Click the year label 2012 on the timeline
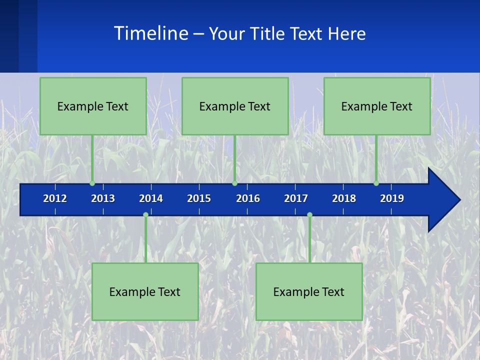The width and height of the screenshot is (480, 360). tap(55, 198)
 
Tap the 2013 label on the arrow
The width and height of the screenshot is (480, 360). tap(103, 198)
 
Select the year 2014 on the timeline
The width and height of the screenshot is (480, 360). tap(151, 198)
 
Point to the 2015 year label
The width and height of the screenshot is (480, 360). tap(199, 198)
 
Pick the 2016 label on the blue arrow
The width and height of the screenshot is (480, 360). tap(248, 198)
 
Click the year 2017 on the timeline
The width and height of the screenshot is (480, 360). tap(296, 198)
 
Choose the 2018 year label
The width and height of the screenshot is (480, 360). tap(344, 198)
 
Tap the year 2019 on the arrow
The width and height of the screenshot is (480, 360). tap(392, 198)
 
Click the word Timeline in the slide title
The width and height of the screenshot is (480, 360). tap(150, 33)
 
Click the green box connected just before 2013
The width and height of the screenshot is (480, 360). tap(93, 106)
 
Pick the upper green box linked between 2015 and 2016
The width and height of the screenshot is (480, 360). tap(235, 106)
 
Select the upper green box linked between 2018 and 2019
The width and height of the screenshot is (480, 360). tap(377, 106)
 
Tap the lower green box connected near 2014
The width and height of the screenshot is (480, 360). tap(145, 291)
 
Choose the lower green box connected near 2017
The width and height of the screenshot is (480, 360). tap(309, 291)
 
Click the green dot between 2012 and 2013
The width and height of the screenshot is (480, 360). tap(92, 183)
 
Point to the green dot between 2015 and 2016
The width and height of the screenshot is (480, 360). tap(234, 183)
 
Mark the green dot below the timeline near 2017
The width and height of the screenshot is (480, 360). tap(309, 215)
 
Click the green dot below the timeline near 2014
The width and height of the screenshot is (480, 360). tap(145, 215)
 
